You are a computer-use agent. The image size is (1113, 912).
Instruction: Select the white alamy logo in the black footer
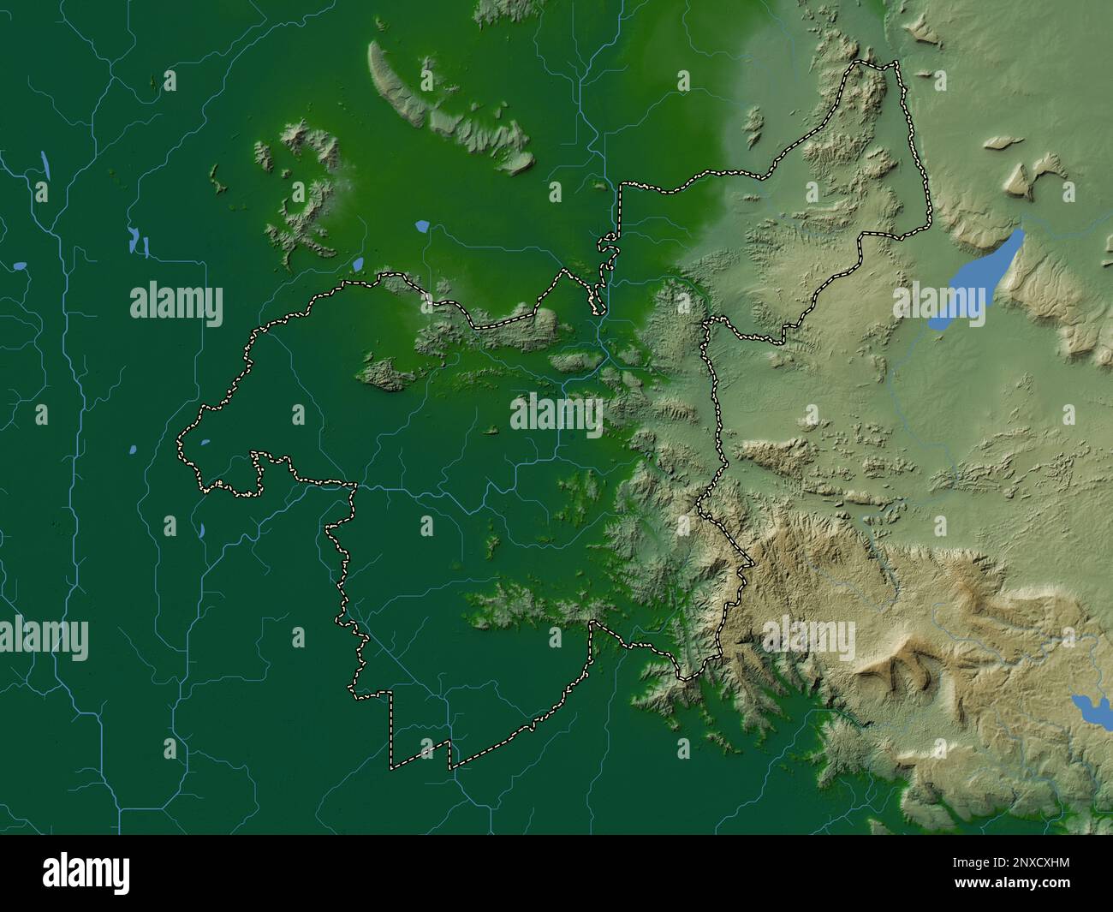(87, 874)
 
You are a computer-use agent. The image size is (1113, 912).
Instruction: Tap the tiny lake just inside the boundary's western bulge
(205, 443)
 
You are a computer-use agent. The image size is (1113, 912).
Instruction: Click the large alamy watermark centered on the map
(556, 414)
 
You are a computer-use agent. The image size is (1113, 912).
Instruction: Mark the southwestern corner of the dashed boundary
(392, 765)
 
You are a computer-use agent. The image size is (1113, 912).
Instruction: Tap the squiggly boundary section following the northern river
(606, 265)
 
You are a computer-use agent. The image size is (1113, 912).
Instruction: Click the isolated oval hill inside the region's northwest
(385, 374)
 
